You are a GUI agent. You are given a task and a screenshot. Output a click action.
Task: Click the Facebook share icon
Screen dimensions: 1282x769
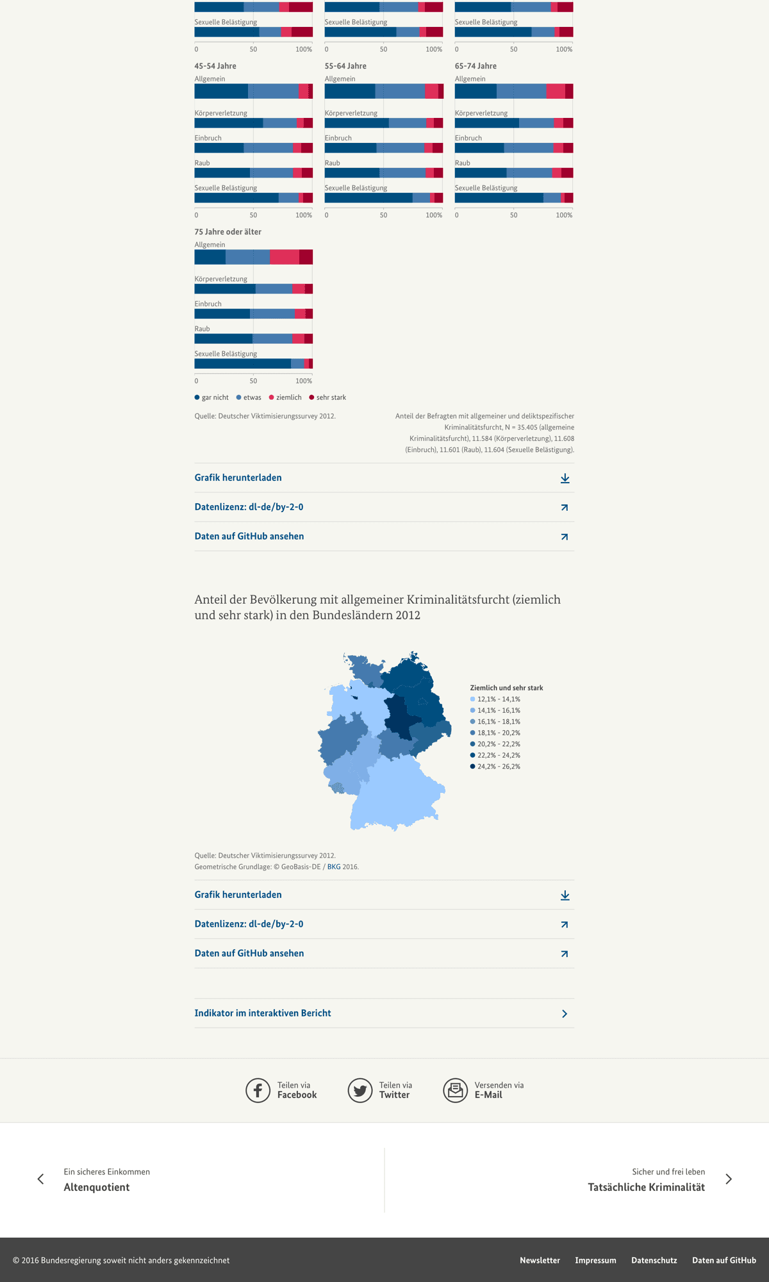click(258, 1090)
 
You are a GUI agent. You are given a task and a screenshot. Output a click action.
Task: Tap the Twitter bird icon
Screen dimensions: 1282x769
click(360, 1090)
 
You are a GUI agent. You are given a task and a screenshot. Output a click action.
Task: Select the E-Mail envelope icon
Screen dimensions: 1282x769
click(456, 1090)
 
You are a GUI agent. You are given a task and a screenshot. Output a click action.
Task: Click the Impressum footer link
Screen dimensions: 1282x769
click(595, 1260)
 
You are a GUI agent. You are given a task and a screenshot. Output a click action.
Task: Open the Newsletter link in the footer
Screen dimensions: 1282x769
click(540, 1260)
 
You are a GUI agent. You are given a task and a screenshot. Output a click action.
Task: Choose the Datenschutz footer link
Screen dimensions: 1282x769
click(654, 1260)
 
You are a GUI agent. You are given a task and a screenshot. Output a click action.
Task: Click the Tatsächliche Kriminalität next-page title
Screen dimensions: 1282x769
click(646, 1187)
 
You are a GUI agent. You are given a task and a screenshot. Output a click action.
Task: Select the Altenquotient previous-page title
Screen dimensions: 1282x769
click(97, 1187)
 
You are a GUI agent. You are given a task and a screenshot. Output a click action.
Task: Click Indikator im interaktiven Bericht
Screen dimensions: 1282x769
click(263, 1013)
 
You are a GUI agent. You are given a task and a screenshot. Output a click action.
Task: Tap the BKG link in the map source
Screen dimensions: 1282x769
click(334, 867)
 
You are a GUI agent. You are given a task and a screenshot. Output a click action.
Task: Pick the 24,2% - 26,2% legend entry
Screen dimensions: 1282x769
click(499, 767)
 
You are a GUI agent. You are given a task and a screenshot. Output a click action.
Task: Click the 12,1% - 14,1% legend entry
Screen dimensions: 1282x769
click(499, 699)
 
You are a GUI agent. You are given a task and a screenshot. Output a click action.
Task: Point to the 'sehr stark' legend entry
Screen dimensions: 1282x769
click(331, 397)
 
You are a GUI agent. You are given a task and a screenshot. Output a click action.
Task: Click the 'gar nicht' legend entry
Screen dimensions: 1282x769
click(215, 397)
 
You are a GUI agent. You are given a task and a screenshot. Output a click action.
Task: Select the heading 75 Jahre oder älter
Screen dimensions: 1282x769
click(227, 232)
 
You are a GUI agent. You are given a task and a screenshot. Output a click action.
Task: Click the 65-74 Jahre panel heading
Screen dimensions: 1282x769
click(475, 66)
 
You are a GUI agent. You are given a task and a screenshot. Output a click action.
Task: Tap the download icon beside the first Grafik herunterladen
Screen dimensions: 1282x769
click(565, 478)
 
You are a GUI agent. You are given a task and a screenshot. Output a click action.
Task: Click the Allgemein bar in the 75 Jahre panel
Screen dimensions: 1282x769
click(253, 257)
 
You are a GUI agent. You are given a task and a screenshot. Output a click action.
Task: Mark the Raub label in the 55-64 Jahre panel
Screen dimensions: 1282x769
click(332, 163)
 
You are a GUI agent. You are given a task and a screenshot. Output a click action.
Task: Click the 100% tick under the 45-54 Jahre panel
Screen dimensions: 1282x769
click(304, 215)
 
